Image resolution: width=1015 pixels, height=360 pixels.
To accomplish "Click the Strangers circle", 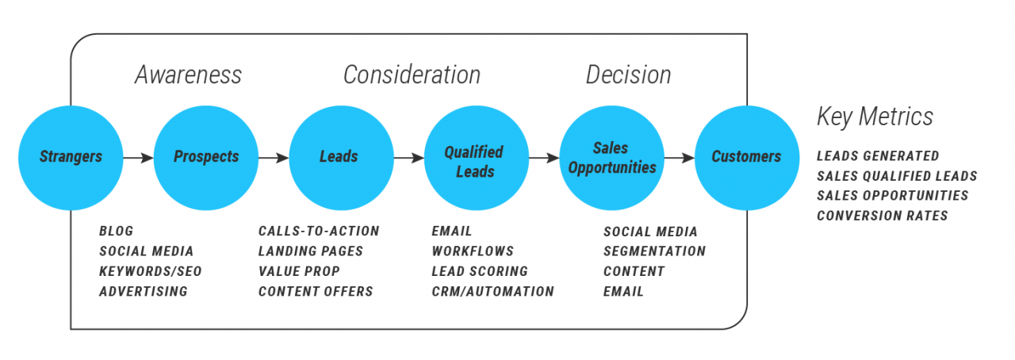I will point(71,157).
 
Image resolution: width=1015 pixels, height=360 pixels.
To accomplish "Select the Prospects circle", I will point(206,157).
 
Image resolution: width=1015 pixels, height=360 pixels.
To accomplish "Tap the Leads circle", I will point(339,157).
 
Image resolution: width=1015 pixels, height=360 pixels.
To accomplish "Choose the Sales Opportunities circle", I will point(611,157).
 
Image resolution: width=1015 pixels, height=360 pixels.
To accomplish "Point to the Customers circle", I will point(746,157).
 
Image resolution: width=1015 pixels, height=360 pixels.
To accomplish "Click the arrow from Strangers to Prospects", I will point(138,158).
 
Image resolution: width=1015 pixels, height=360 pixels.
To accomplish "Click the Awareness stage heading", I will point(188,75).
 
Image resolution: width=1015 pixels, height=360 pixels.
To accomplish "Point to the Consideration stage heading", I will point(412,75).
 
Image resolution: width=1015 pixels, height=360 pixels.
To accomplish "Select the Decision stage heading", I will point(628,75).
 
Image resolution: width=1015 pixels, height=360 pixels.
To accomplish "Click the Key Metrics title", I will point(875,117).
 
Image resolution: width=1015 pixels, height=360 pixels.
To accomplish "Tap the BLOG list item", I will point(117,232).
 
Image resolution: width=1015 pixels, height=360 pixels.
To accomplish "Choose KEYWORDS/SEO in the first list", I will point(151,271).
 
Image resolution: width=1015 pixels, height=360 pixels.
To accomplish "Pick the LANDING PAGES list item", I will point(311,251).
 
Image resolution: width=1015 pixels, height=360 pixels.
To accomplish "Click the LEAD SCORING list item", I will point(480,271).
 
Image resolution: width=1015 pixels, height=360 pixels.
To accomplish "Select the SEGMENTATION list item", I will point(654,251).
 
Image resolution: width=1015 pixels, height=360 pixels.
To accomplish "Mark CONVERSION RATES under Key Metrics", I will point(883,216).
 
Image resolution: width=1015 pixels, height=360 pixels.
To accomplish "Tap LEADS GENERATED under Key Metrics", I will point(878,156).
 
